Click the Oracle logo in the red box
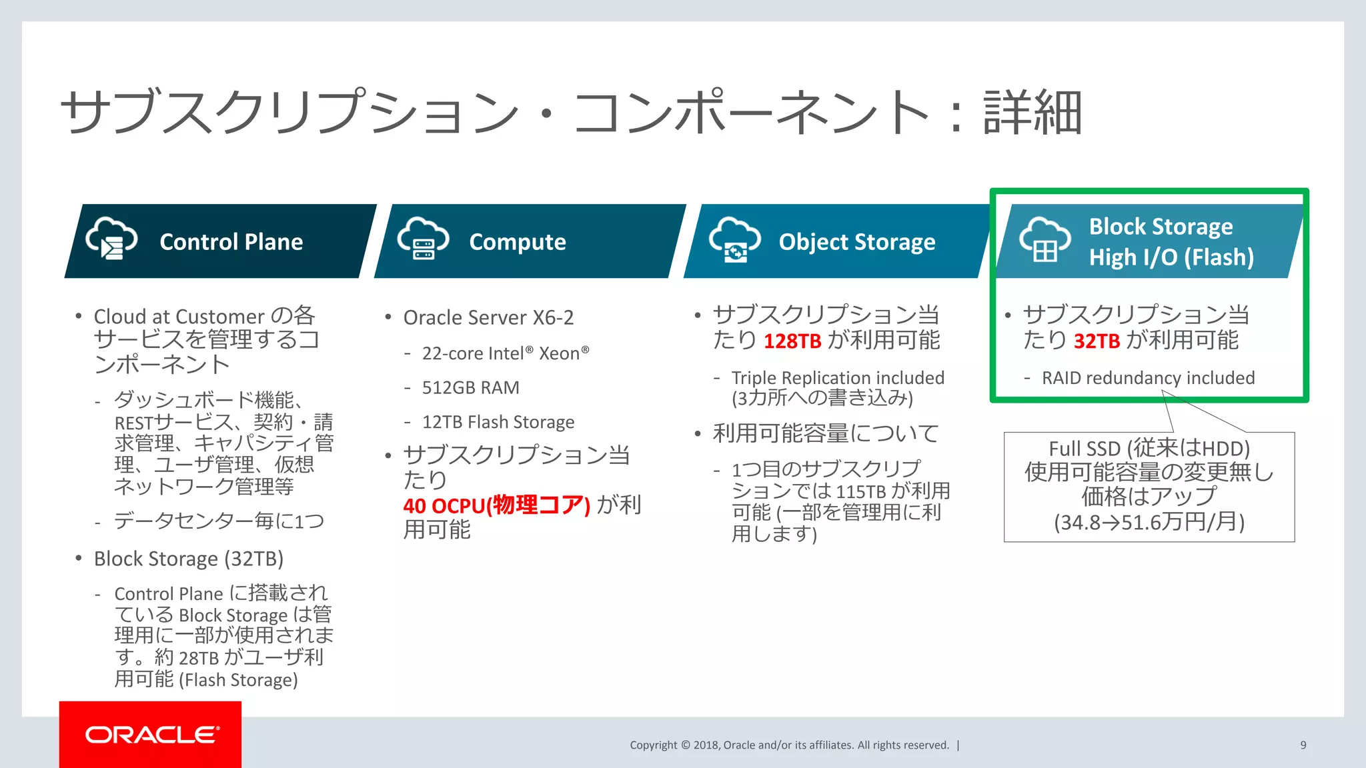click(x=151, y=735)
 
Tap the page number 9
click(x=1303, y=745)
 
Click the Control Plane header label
click(x=231, y=241)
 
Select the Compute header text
click(x=517, y=241)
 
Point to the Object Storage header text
click(x=856, y=241)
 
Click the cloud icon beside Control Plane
click(x=111, y=238)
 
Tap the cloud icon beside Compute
click(x=423, y=238)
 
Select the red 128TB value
click(x=792, y=341)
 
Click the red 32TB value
click(x=1097, y=341)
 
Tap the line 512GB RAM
click(x=470, y=387)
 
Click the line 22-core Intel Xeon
click(x=505, y=353)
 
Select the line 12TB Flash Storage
click(x=498, y=422)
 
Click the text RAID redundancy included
click(x=1148, y=378)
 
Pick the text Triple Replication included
click(x=837, y=378)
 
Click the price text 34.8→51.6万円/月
click(x=1149, y=521)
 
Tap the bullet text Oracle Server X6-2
click(x=488, y=317)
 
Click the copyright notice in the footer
click(x=789, y=745)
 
